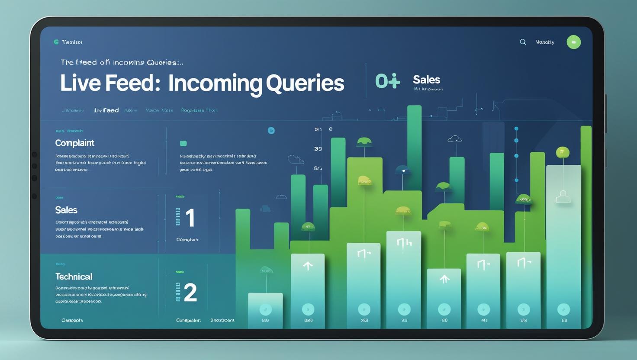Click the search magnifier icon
(x=523, y=42)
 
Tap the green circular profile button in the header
(x=573, y=42)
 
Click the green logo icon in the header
(x=56, y=42)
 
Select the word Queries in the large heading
(x=305, y=83)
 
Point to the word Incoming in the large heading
(x=215, y=83)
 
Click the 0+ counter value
(x=387, y=81)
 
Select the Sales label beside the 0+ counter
(x=426, y=80)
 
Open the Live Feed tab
(x=106, y=110)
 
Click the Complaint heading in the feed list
(x=74, y=143)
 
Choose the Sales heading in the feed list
(x=66, y=210)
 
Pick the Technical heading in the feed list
(x=74, y=276)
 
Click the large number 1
(x=190, y=218)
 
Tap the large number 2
(x=190, y=292)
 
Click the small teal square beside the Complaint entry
(x=183, y=143)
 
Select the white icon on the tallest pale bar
(x=563, y=197)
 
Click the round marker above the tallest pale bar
(x=562, y=152)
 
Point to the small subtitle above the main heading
(x=122, y=62)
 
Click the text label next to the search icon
(x=545, y=42)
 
